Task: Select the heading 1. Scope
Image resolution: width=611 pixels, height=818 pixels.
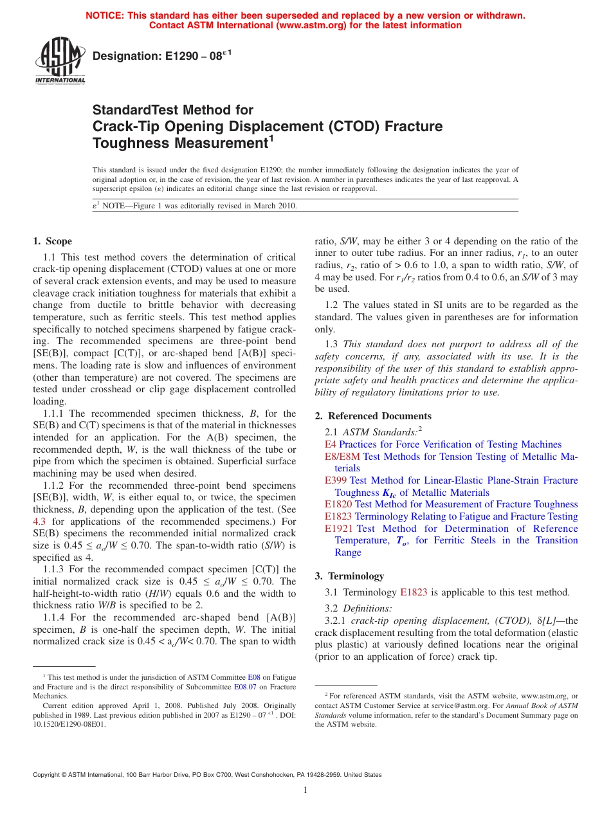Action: pyautogui.click(x=52, y=241)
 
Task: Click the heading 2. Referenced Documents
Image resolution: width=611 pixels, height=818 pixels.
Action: pyautogui.click(x=372, y=416)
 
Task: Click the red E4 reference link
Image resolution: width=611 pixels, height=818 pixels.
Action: pyautogui.click(x=330, y=444)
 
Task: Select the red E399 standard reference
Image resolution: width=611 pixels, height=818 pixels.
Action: pyautogui.click(x=336, y=480)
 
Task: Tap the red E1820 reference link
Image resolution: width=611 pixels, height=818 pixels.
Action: pyautogui.click(x=338, y=504)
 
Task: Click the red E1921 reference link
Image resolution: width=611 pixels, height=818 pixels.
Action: pyautogui.click(x=338, y=529)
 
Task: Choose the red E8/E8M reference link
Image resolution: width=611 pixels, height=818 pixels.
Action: pyautogui.click(x=342, y=457)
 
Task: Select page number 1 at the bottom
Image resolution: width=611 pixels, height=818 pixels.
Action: pyautogui.click(x=305, y=790)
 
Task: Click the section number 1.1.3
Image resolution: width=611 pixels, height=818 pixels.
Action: pyautogui.click(x=53, y=569)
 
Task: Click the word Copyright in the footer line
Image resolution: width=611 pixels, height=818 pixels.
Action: pyautogui.click(x=48, y=775)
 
